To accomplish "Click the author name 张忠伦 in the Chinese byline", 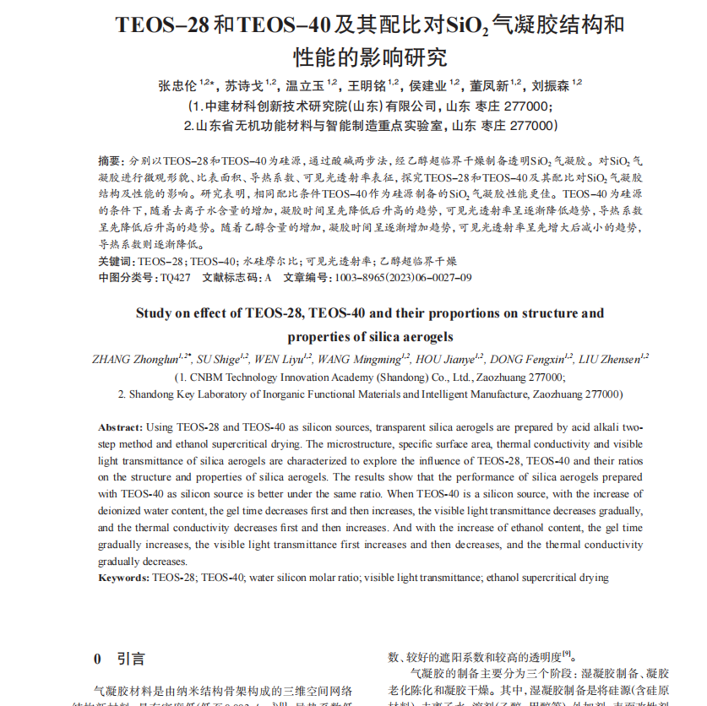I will pos(177,85).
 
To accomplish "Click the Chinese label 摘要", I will pos(109,160).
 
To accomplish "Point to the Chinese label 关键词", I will pos(115,262).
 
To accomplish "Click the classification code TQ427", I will pos(175,278).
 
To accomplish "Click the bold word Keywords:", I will pos(124,578).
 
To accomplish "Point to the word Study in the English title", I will pos(155,313).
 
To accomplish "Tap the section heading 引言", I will pos(130,659).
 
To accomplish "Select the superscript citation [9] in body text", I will pos(568,653).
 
